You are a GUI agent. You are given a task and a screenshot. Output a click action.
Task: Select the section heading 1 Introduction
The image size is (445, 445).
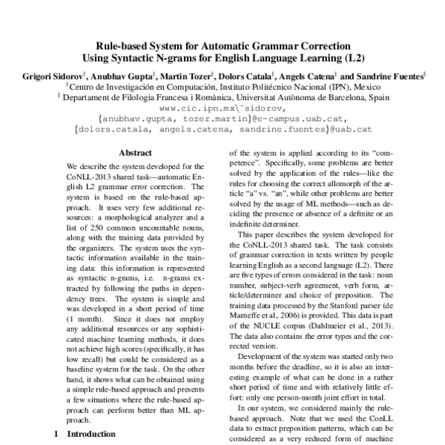84,434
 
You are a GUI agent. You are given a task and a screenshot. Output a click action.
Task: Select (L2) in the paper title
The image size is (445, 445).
352,57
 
